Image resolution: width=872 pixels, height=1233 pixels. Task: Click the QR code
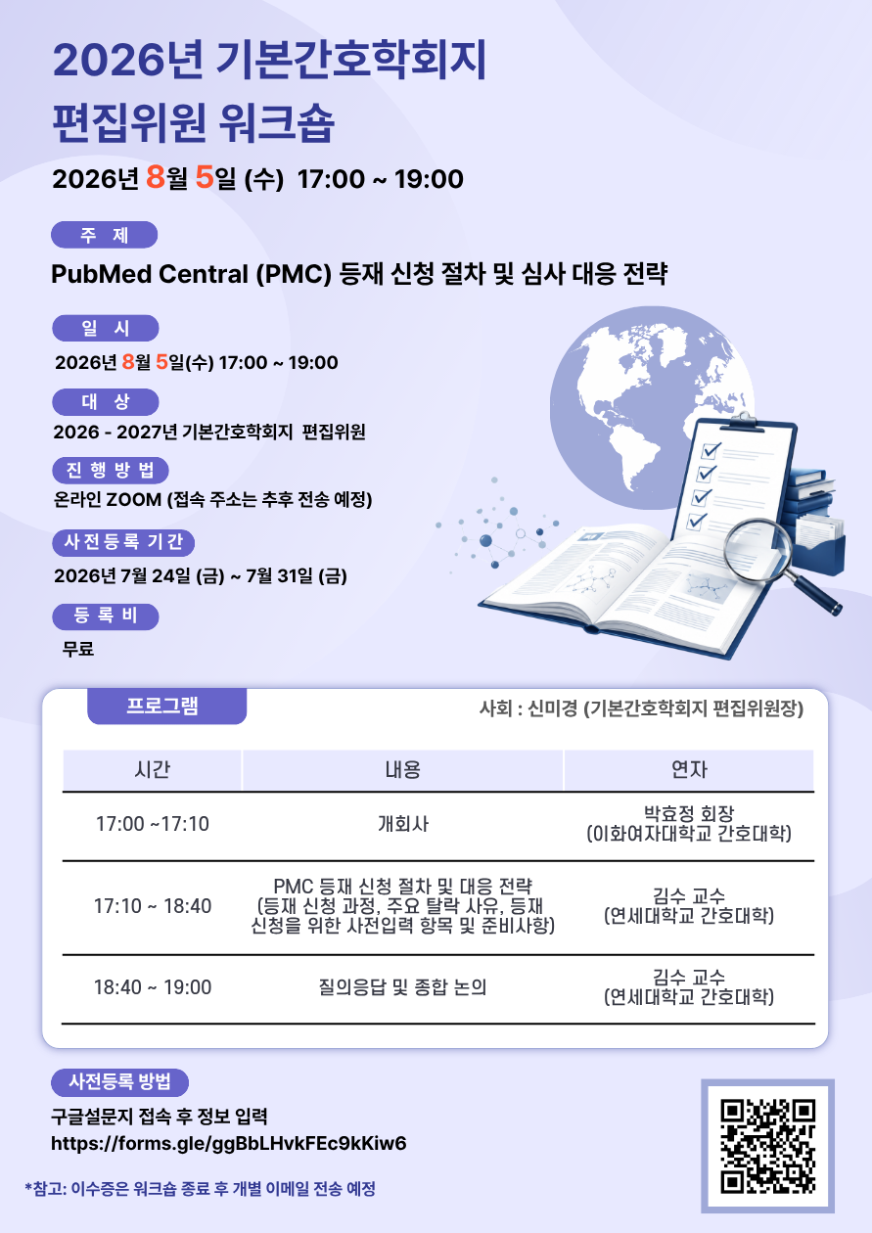point(767,1146)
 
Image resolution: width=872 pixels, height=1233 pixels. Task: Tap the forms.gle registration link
point(228,1143)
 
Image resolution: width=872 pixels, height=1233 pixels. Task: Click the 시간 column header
point(152,769)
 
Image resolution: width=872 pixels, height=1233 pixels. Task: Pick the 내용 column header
point(402,769)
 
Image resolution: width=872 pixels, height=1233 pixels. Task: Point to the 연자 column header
point(689,769)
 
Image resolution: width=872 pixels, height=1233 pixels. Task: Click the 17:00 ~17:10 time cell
point(153,824)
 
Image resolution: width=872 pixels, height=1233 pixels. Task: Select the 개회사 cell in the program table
point(402,824)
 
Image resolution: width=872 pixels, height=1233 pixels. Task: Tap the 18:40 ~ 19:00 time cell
point(153,987)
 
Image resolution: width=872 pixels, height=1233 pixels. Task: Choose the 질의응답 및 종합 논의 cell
point(402,987)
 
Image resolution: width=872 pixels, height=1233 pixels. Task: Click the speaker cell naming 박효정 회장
point(689,824)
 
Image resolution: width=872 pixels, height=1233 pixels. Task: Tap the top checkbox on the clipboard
point(710,451)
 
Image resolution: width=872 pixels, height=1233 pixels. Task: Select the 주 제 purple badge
point(104,235)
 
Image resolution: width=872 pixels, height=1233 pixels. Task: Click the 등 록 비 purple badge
point(105,616)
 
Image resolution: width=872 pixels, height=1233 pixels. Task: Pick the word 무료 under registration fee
point(78,649)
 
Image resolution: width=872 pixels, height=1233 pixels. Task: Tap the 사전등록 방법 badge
point(119,1082)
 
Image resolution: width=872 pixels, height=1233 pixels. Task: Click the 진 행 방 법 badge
point(110,470)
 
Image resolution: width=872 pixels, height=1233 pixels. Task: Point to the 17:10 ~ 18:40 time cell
point(153,906)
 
